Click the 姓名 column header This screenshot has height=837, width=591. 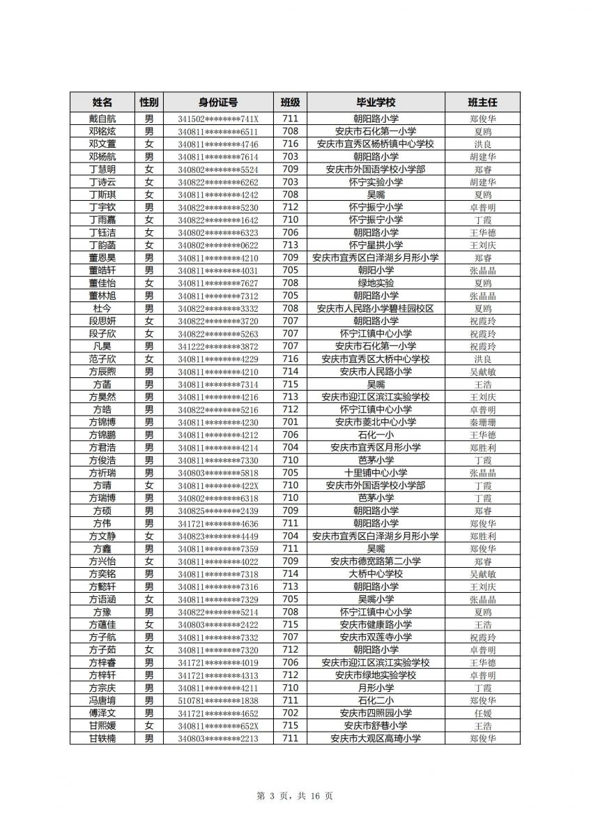102,102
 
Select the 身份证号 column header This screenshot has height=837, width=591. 218,102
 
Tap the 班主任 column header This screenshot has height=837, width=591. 482,102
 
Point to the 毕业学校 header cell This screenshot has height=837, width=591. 376,102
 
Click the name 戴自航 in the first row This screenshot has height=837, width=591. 102,119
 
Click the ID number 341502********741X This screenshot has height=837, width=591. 218,119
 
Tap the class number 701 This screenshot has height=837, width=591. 290,422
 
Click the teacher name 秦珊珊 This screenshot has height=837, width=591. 482,422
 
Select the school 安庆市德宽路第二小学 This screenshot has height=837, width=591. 376,561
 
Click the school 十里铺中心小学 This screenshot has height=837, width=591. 376,473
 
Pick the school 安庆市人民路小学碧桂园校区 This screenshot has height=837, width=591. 376,308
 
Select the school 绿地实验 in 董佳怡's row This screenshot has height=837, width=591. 376,283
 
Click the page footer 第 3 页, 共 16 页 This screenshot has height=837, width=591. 295,796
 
